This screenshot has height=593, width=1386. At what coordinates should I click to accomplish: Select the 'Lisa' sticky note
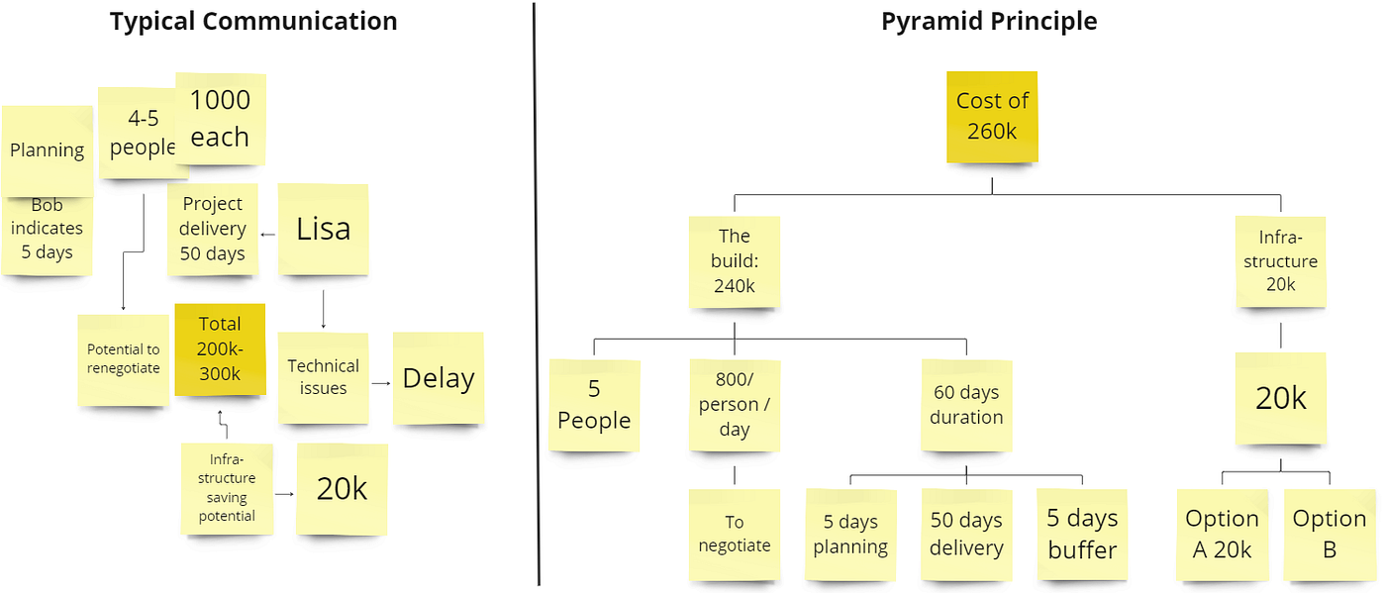pyautogui.click(x=324, y=229)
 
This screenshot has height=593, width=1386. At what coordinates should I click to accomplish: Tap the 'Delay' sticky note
pyautogui.click(x=439, y=378)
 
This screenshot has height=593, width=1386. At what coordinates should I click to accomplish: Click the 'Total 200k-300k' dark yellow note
pyautogui.click(x=220, y=348)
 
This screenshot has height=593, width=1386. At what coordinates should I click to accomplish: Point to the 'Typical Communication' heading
pyautogui.click(x=253, y=21)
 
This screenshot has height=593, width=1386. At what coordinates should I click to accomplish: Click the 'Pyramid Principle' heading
pyautogui.click(x=989, y=21)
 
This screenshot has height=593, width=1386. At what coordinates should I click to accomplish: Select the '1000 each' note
pyautogui.click(x=221, y=118)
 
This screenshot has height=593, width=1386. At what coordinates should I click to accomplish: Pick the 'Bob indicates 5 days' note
pyautogui.click(x=48, y=236)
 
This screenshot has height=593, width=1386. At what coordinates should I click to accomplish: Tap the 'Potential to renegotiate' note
pyautogui.click(x=123, y=358)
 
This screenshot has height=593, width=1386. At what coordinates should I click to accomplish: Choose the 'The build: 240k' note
pyautogui.click(x=735, y=261)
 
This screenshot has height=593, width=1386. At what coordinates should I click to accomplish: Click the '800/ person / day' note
pyautogui.click(x=735, y=405)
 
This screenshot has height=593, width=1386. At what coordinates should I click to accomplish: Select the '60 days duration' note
pyautogui.click(x=966, y=405)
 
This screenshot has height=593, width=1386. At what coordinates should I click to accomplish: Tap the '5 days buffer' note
pyautogui.click(x=1082, y=534)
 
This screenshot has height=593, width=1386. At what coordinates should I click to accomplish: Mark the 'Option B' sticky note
pyautogui.click(x=1330, y=534)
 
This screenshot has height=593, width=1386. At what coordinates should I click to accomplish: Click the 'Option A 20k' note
pyautogui.click(x=1222, y=534)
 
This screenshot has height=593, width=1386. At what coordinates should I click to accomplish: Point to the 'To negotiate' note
pyautogui.click(x=735, y=534)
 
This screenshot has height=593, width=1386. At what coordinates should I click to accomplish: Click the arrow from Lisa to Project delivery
pyautogui.click(x=267, y=235)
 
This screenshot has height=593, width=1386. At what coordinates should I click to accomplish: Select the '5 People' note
pyautogui.click(x=594, y=405)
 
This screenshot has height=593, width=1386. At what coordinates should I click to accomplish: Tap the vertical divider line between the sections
pyautogui.click(x=537, y=297)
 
